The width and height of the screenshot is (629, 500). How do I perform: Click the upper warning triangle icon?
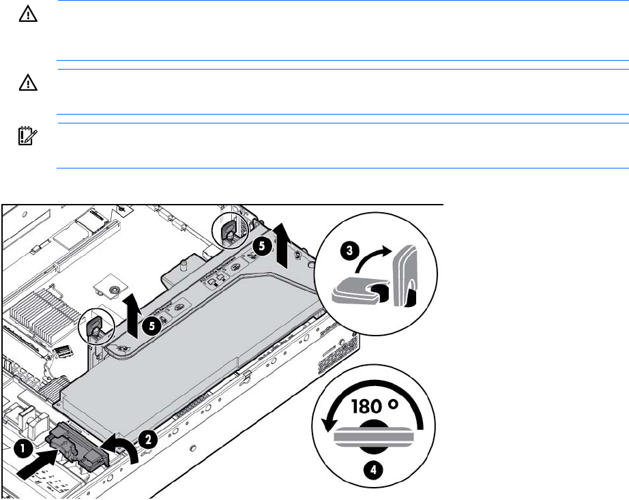[28, 14]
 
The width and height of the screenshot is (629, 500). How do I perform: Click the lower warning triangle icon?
[28, 83]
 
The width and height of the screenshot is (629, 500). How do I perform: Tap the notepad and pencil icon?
[28, 136]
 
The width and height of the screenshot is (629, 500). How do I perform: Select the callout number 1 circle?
[23, 449]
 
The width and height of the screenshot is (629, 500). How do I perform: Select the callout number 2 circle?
[149, 439]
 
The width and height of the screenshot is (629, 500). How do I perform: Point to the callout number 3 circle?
[349, 250]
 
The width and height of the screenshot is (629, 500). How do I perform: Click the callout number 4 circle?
[373, 469]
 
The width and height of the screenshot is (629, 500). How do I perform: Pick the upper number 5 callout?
[261, 246]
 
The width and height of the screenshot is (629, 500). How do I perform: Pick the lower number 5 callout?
[151, 325]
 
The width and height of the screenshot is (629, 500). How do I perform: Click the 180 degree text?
[375, 406]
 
